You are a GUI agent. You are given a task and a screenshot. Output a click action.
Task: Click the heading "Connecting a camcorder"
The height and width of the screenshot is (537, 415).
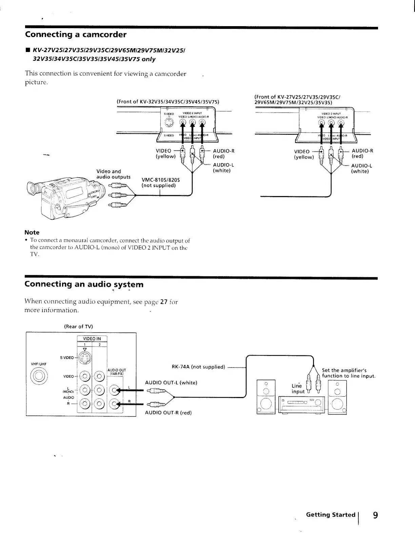(x=76, y=35)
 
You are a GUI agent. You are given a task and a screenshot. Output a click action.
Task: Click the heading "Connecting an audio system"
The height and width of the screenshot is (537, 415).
(x=84, y=284)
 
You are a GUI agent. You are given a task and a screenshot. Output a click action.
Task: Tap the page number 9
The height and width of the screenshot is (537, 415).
(x=375, y=515)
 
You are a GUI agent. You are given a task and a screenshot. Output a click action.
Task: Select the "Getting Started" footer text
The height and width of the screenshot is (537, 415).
(x=330, y=515)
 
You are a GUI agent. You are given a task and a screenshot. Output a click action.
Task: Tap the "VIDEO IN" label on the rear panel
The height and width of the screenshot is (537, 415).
(x=92, y=339)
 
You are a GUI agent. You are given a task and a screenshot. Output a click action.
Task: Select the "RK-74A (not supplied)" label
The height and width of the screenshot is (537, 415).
(x=198, y=367)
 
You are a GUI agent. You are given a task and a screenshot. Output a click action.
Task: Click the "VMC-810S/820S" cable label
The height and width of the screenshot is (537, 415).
(x=160, y=180)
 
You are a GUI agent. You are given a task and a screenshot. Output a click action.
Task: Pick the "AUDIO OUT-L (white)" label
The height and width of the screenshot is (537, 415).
(x=171, y=383)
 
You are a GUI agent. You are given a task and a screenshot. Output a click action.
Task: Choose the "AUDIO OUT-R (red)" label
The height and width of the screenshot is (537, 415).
(x=168, y=413)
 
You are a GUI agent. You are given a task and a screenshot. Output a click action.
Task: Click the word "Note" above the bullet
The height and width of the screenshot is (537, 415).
(x=32, y=232)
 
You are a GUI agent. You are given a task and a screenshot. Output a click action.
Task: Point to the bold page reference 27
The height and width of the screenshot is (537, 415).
(x=164, y=302)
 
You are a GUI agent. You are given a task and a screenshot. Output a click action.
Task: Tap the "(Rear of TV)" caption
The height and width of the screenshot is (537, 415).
(x=78, y=326)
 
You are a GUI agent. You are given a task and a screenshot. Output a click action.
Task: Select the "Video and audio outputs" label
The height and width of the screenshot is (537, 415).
(x=113, y=174)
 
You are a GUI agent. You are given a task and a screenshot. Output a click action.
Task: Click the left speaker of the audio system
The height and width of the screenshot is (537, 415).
(x=266, y=396)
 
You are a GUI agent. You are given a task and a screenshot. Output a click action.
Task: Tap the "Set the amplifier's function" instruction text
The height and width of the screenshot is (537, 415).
(x=349, y=373)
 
